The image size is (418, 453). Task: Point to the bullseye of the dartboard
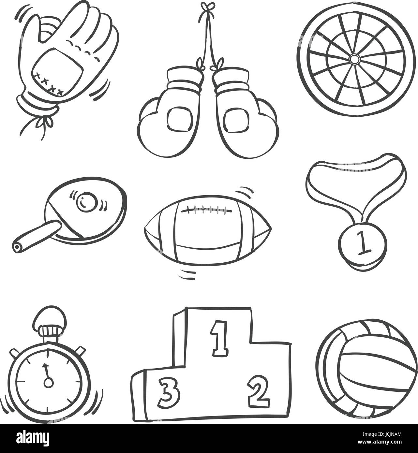click(x=353, y=59)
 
